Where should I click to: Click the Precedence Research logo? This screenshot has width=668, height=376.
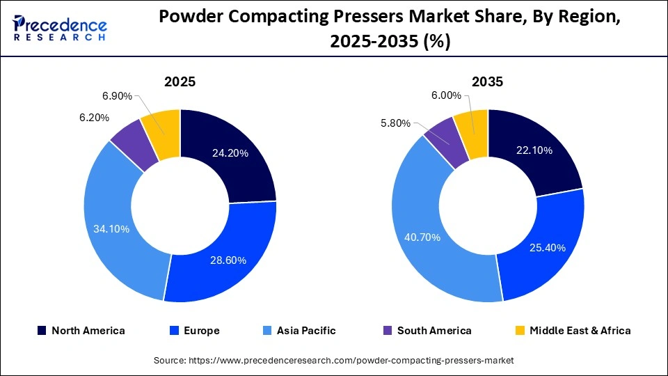[60, 28]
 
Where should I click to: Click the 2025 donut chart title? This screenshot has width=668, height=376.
[180, 81]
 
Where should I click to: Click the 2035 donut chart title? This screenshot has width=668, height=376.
[488, 81]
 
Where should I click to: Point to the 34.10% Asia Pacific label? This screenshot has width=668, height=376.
[111, 228]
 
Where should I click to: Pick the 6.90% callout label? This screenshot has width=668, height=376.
[115, 95]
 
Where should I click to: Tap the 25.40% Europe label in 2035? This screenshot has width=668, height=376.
[546, 247]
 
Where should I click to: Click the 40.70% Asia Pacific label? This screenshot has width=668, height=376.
[422, 237]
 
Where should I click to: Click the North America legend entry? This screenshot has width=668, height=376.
[81, 331]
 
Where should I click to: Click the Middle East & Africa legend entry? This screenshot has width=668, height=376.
[572, 331]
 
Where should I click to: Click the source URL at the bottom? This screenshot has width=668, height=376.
[334, 360]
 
